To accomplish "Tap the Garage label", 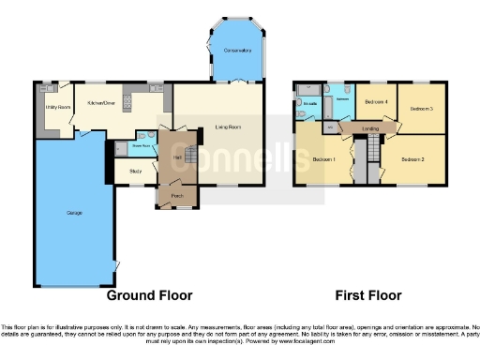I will [x=73, y=214].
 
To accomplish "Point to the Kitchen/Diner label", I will [x=101, y=103].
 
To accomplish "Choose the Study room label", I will [x=135, y=172].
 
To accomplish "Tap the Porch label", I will [x=175, y=197].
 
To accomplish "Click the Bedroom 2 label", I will [x=412, y=159].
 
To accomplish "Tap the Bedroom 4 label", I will [x=376, y=101].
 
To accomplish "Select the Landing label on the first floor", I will [x=370, y=128].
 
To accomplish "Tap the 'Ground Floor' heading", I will [x=150, y=295].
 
